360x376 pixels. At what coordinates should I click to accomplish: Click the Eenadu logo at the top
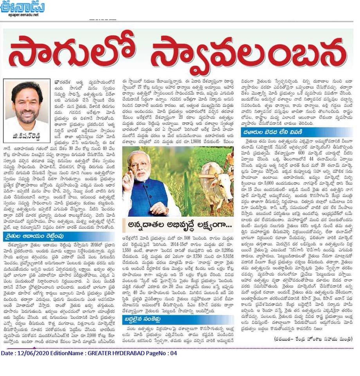pos(22,6)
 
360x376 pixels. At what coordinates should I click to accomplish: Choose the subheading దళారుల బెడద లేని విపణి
pos(274,132)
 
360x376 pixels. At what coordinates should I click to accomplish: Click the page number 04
pos(173,353)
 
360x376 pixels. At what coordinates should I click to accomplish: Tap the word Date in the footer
pos(9,353)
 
